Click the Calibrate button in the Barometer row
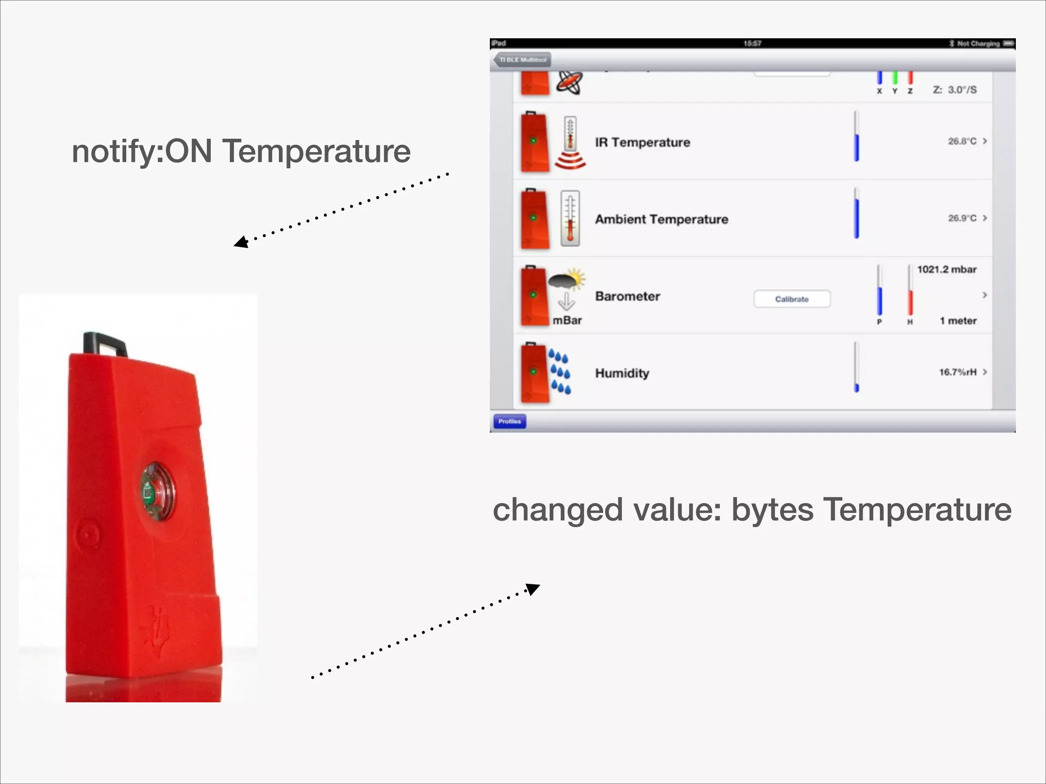(x=792, y=299)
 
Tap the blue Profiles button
(x=509, y=422)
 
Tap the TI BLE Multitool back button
(x=522, y=60)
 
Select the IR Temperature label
(x=642, y=142)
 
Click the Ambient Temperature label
(x=661, y=219)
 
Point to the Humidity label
(x=622, y=373)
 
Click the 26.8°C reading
(x=962, y=141)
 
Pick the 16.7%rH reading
(x=957, y=372)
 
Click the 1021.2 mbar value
(x=946, y=269)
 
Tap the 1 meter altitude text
(x=958, y=321)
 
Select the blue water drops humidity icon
(x=560, y=372)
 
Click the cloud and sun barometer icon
(x=566, y=280)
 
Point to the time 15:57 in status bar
(x=752, y=43)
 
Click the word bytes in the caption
(x=772, y=510)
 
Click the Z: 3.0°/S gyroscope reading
(x=954, y=90)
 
